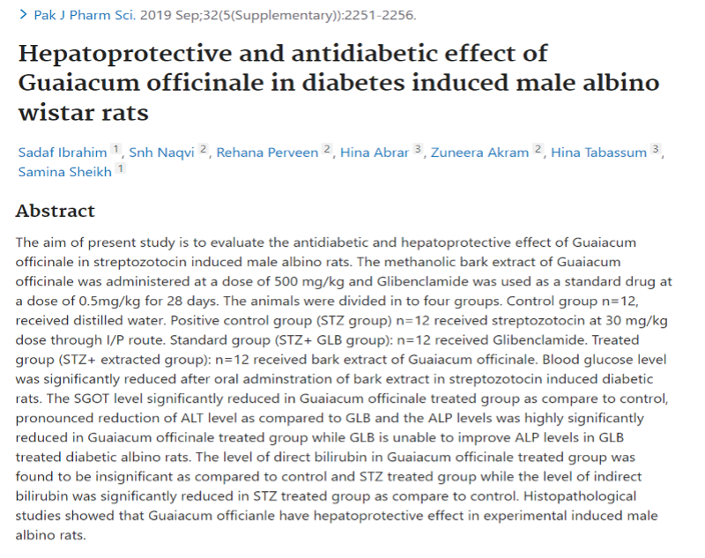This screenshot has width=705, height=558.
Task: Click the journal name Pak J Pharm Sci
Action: pyautogui.click(x=77, y=16)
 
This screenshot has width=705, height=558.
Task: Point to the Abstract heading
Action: pyautogui.click(x=55, y=212)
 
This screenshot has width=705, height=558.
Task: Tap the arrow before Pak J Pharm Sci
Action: pyautogui.click(x=23, y=16)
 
